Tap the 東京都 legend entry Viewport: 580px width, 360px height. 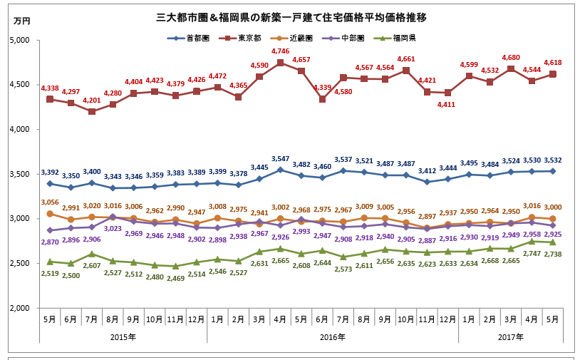pyautogui.click(x=244, y=37)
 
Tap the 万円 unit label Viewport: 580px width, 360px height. pyautogui.click(x=22, y=21)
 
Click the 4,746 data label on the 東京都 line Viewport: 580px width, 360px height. pyautogui.click(x=281, y=51)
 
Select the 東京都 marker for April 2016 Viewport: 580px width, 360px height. pyautogui.click(x=280, y=63)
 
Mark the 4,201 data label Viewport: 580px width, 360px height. pyautogui.click(x=92, y=100)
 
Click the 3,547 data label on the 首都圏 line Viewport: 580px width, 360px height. pyautogui.click(x=280, y=158)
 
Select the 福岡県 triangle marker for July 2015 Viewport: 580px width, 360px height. pyautogui.click(x=91, y=254)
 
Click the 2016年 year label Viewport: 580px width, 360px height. pyautogui.click(x=332, y=336)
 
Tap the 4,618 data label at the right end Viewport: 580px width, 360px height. pyautogui.click(x=551, y=63)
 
